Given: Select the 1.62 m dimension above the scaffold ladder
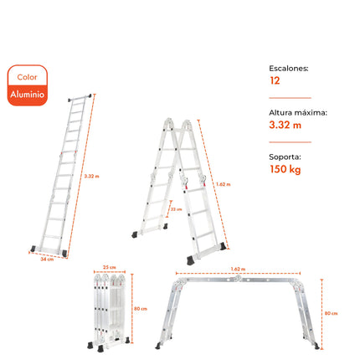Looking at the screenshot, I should [x=238, y=270].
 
